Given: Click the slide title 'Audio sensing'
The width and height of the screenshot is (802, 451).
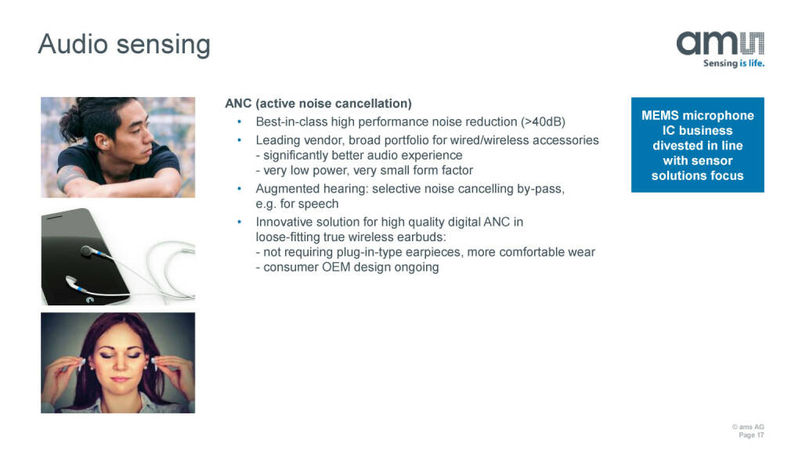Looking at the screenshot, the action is pos(124,45).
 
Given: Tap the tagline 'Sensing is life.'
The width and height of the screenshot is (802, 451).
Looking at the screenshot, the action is pos(733,63).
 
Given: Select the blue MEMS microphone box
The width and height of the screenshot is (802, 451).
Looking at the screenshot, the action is pos(698,145).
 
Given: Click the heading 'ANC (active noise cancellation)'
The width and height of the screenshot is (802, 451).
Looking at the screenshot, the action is pos(318,103).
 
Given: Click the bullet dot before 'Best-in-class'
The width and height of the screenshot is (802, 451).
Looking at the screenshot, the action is pos(239,121).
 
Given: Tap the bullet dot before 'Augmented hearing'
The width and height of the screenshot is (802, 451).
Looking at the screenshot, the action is pos(239,189).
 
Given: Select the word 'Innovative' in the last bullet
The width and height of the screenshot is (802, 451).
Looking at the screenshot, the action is pos(282,222).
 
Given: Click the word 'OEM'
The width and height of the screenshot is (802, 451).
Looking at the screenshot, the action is pos(335,267).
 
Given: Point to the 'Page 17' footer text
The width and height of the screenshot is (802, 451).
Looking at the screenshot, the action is pos(751,435).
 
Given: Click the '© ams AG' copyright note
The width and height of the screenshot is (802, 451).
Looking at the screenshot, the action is pos(748,427).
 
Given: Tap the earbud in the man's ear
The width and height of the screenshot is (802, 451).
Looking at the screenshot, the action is pos(105,144).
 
